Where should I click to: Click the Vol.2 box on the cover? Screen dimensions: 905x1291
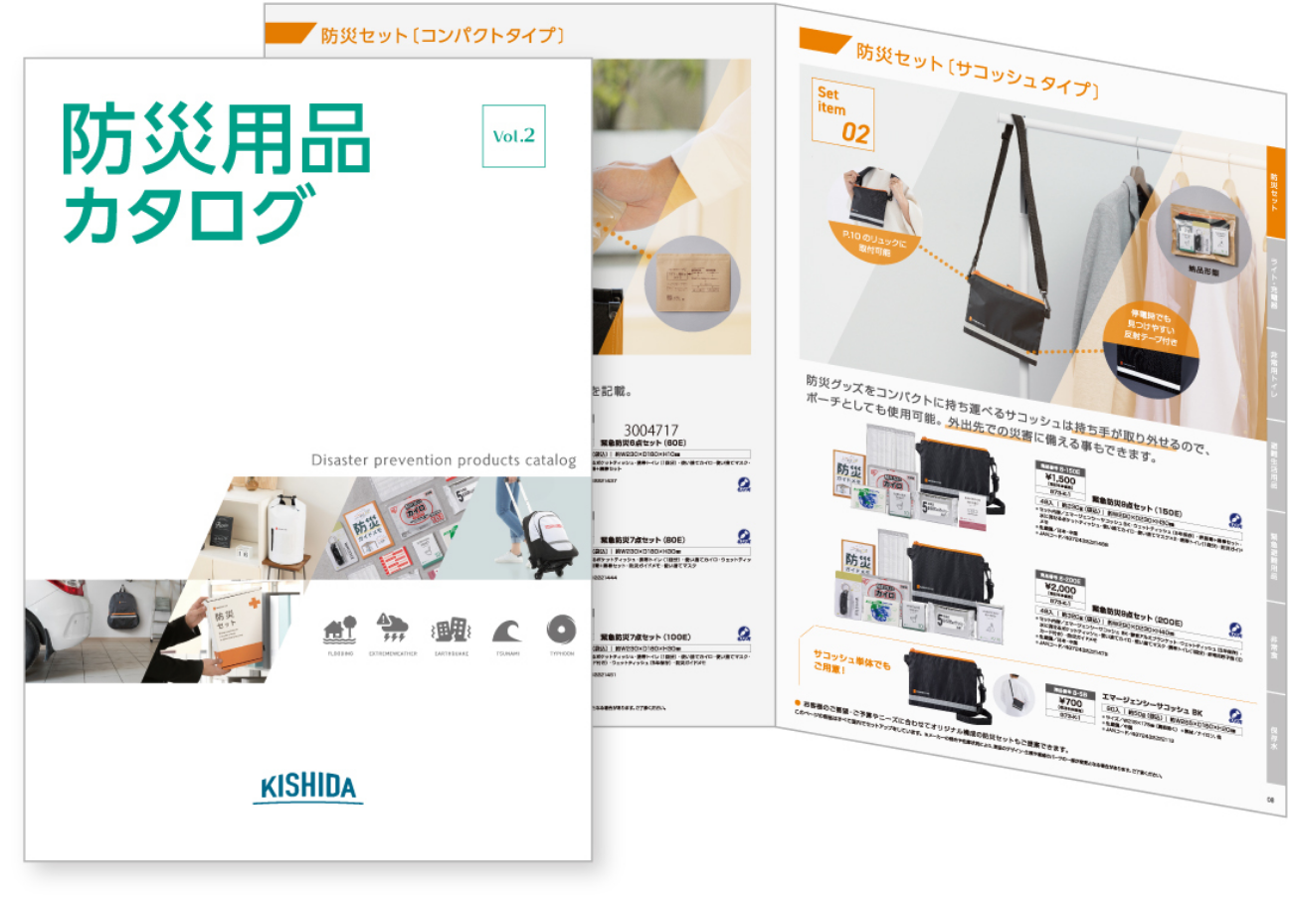513,136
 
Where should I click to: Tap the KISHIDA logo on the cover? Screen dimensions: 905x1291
307,787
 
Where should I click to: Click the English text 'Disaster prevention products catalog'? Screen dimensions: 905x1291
444,459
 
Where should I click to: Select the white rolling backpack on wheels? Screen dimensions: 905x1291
548,537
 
